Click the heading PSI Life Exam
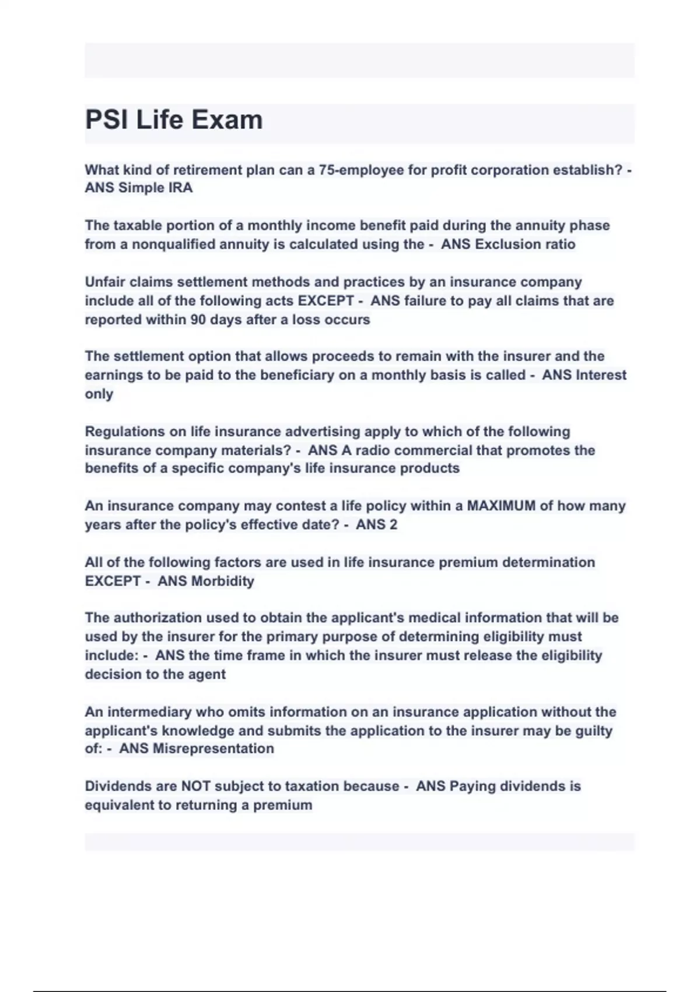tap(174, 120)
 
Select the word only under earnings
tap(99, 394)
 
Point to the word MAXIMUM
tap(501, 506)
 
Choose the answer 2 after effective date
tap(393, 525)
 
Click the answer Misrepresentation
tap(213, 749)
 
